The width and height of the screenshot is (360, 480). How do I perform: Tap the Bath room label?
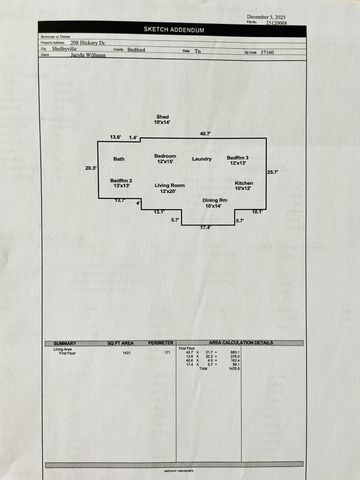coord(119,159)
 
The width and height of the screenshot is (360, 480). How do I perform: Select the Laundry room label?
coord(202,159)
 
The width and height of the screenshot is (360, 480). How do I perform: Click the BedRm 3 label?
coord(238,159)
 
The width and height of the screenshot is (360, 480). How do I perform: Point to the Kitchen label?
coord(244,185)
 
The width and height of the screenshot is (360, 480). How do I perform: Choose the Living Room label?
coord(169,187)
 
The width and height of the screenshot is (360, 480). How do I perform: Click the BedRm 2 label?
coord(122,182)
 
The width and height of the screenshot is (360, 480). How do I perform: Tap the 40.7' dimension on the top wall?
coord(205,133)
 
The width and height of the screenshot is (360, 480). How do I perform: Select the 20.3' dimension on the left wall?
coord(91,168)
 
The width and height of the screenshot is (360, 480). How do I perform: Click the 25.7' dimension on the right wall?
coord(272,172)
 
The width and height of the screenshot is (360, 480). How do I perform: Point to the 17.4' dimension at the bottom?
coord(204,228)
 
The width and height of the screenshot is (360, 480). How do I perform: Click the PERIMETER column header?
coord(160,343)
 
